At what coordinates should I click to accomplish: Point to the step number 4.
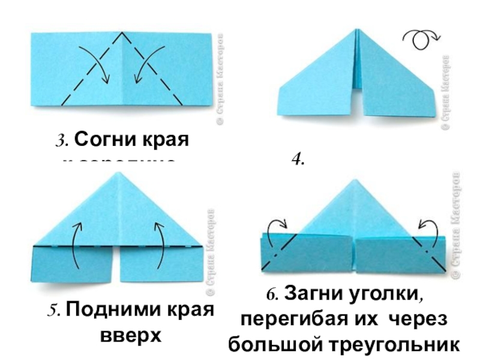[x=297, y=160]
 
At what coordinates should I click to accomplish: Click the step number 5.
[x=53, y=312]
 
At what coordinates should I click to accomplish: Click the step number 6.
[x=272, y=295]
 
